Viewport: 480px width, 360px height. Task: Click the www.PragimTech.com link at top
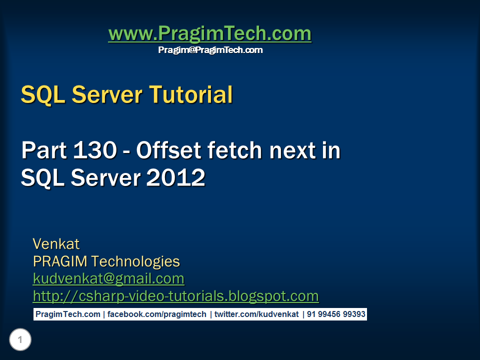click(209, 34)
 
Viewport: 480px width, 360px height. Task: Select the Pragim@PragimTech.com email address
click(210, 50)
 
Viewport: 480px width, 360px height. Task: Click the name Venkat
click(56, 244)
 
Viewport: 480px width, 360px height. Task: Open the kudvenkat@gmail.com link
click(108, 278)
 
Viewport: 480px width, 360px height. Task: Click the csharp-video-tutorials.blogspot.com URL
click(175, 296)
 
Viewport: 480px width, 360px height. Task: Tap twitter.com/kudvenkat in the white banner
click(256, 314)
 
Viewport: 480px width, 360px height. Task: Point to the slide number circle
click(20, 340)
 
